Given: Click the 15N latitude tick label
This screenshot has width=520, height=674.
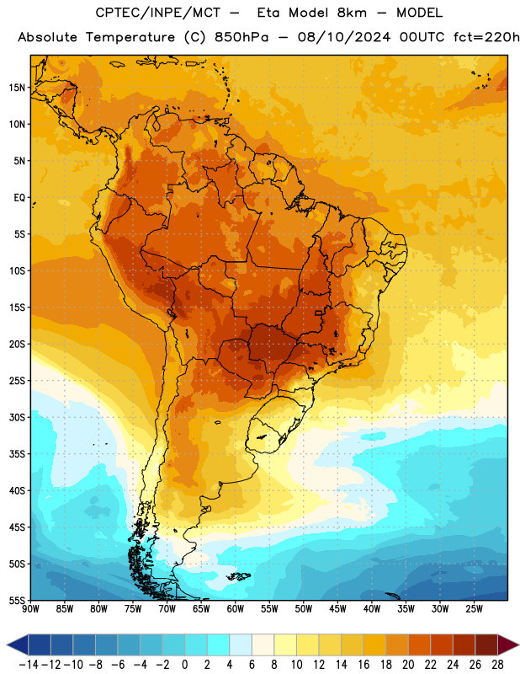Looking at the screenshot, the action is (x=17, y=88).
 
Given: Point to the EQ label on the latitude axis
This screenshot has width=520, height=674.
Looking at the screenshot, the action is (x=19, y=198).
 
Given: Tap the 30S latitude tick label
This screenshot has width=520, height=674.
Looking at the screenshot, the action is (x=17, y=417).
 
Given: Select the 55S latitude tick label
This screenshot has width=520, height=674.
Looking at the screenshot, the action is (x=17, y=600).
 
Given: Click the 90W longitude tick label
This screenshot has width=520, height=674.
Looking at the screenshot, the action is (x=30, y=608).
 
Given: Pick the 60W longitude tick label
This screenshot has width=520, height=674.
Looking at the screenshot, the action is (x=236, y=608).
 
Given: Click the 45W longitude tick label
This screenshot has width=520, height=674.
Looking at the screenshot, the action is (x=337, y=608).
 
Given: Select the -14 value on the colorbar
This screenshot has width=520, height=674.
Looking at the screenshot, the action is (x=29, y=665).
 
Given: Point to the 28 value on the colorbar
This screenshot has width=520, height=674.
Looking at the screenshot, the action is (x=497, y=665).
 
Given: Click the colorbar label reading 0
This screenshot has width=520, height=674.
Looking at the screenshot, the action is (x=184, y=665).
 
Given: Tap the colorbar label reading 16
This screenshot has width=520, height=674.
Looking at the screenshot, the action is (x=363, y=665).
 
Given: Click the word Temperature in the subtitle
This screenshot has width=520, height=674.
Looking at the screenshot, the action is (x=130, y=37).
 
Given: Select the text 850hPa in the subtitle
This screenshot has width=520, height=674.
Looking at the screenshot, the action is (x=241, y=37).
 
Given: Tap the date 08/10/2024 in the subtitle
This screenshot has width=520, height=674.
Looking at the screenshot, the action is (x=344, y=37).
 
